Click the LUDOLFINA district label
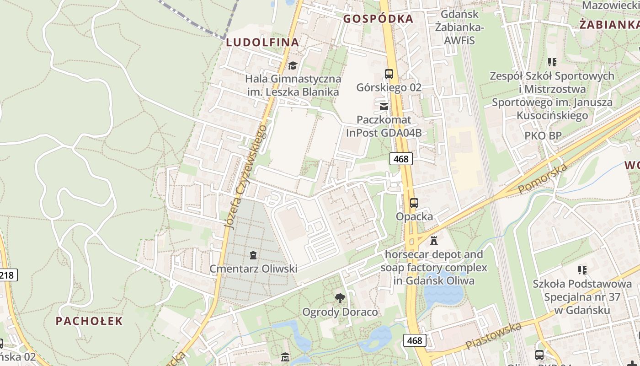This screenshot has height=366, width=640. [x=262, y=43]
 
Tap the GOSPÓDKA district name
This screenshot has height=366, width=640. [x=378, y=19]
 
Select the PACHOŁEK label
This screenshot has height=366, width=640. [x=89, y=321]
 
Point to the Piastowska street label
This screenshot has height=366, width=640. [x=493, y=336]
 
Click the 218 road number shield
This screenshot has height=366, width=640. [x=8, y=275]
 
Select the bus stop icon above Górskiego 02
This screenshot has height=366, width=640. [x=389, y=74]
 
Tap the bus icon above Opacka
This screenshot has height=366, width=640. [x=414, y=203]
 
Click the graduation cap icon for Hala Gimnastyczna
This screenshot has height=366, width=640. [x=293, y=65]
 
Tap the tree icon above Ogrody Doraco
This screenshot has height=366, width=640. [x=340, y=298]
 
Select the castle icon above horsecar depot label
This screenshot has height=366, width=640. [x=434, y=240]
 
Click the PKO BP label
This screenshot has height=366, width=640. [x=543, y=136]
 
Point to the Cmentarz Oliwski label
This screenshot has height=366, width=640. [x=253, y=269]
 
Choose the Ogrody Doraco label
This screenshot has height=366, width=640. [x=340, y=312]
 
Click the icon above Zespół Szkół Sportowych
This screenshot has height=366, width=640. [x=552, y=62]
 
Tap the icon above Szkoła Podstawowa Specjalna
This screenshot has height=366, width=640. [x=582, y=270]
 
